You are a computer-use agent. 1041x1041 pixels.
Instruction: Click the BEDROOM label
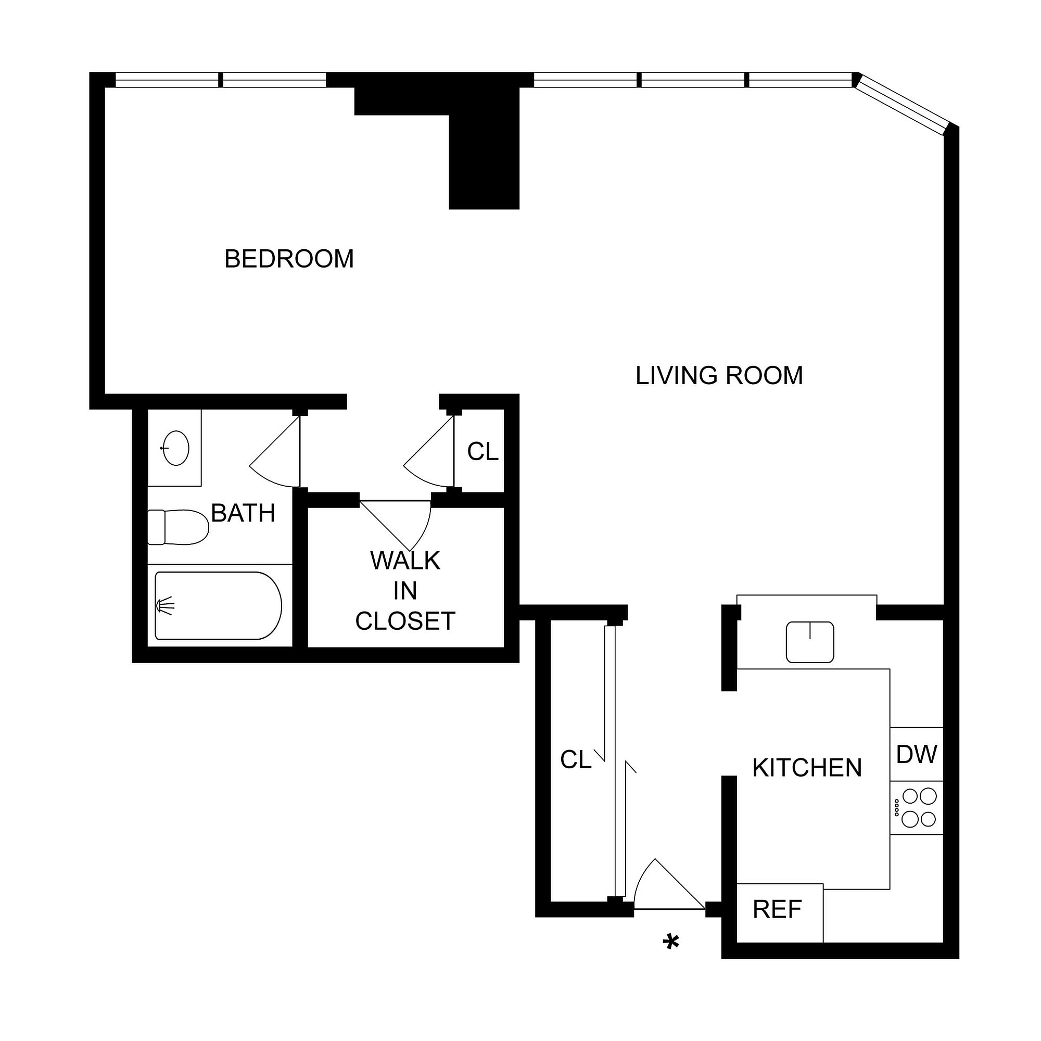(x=289, y=259)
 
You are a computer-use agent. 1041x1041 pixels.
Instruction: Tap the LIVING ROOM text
(x=719, y=376)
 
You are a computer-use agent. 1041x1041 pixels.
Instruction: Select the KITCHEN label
(x=807, y=768)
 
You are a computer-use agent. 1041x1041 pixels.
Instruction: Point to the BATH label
(x=243, y=513)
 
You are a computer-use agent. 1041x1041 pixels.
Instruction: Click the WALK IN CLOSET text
(x=405, y=591)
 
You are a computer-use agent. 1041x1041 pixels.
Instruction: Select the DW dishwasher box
(x=916, y=754)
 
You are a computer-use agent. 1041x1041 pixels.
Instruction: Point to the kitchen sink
(x=809, y=642)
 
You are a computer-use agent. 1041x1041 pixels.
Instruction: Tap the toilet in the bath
(x=178, y=527)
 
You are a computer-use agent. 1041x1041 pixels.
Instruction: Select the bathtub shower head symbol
(x=165, y=606)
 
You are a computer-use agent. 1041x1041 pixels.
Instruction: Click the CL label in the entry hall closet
(x=576, y=760)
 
